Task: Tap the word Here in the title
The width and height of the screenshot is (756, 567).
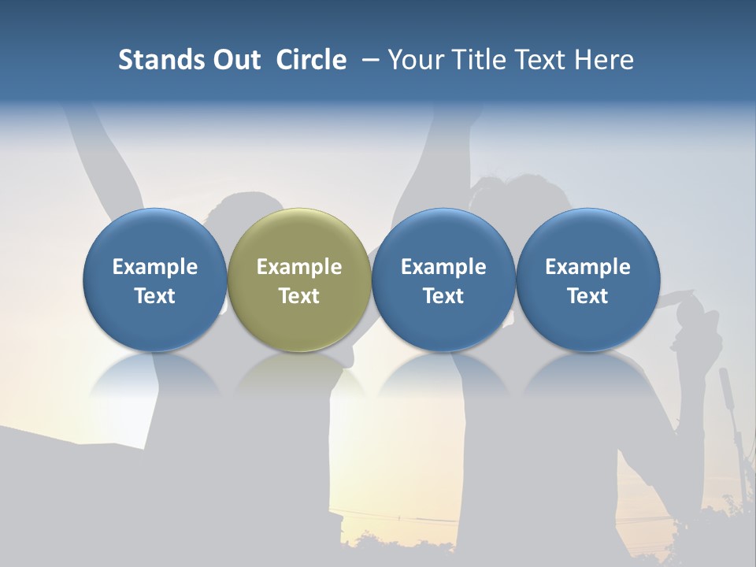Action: tap(603, 60)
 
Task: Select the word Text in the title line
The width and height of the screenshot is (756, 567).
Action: tap(536, 60)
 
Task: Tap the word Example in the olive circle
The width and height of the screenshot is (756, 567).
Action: tap(299, 267)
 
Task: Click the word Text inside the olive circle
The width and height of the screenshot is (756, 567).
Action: tap(299, 296)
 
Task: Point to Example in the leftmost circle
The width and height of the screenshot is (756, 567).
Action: tap(155, 267)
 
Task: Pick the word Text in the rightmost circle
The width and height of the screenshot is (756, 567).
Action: tap(587, 296)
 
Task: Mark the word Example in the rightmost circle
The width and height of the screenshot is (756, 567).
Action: tap(587, 267)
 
